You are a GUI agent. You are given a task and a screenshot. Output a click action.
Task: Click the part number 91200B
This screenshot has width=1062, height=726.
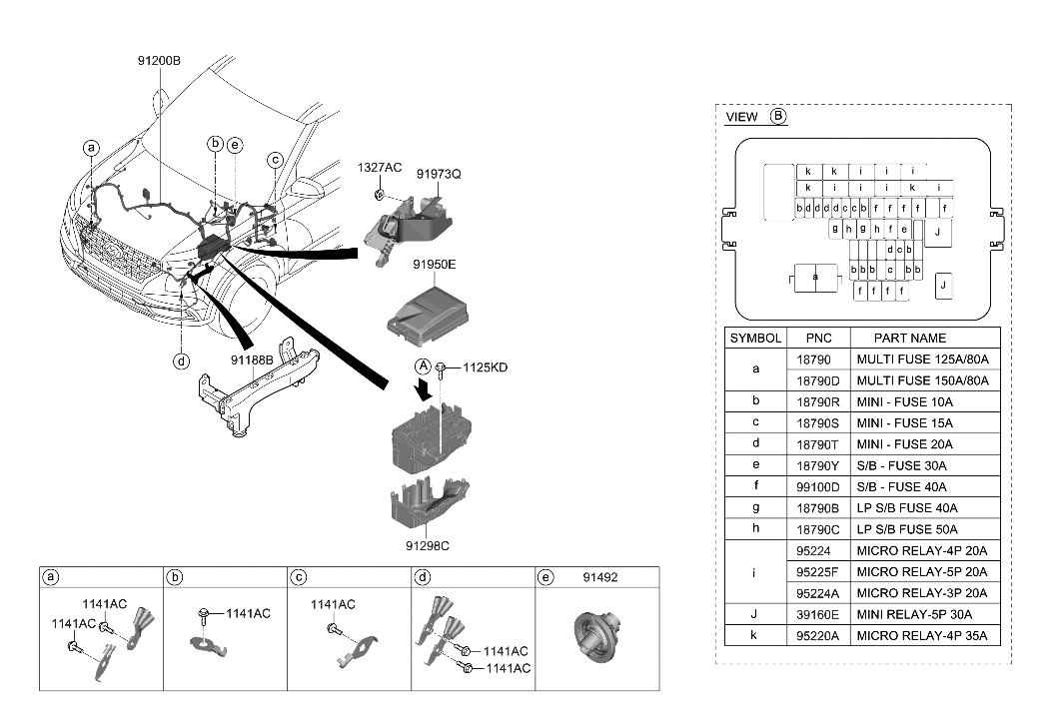(159, 61)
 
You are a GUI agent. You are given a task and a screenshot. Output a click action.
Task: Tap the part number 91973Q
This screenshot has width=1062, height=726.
(439, 174)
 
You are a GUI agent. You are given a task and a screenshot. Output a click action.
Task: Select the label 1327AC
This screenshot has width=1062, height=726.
(380, 168)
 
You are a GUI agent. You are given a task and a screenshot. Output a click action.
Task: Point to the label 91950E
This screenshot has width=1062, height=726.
(434, 266)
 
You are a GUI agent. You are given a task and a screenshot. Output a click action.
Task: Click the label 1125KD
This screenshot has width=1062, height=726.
(485, 367)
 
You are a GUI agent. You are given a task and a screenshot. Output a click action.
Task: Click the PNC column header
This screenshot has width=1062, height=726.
(818, 338)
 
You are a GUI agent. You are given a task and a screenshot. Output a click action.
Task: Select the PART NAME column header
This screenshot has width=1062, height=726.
(909, 338)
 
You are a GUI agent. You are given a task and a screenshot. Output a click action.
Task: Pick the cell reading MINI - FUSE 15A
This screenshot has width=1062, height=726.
(905, 422)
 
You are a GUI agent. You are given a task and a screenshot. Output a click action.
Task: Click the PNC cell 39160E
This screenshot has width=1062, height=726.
(818, 614)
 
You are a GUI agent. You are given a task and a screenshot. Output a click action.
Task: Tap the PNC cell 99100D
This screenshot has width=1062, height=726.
(818, 486)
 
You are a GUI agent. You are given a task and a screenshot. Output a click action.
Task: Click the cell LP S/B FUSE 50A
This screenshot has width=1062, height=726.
(907, 529)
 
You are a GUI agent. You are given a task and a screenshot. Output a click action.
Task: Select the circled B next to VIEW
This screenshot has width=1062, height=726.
(778, 117)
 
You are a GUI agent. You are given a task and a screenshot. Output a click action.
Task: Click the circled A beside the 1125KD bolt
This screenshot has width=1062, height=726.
(423, 366)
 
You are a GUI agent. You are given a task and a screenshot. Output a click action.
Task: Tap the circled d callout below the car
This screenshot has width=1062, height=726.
(181, 362)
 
